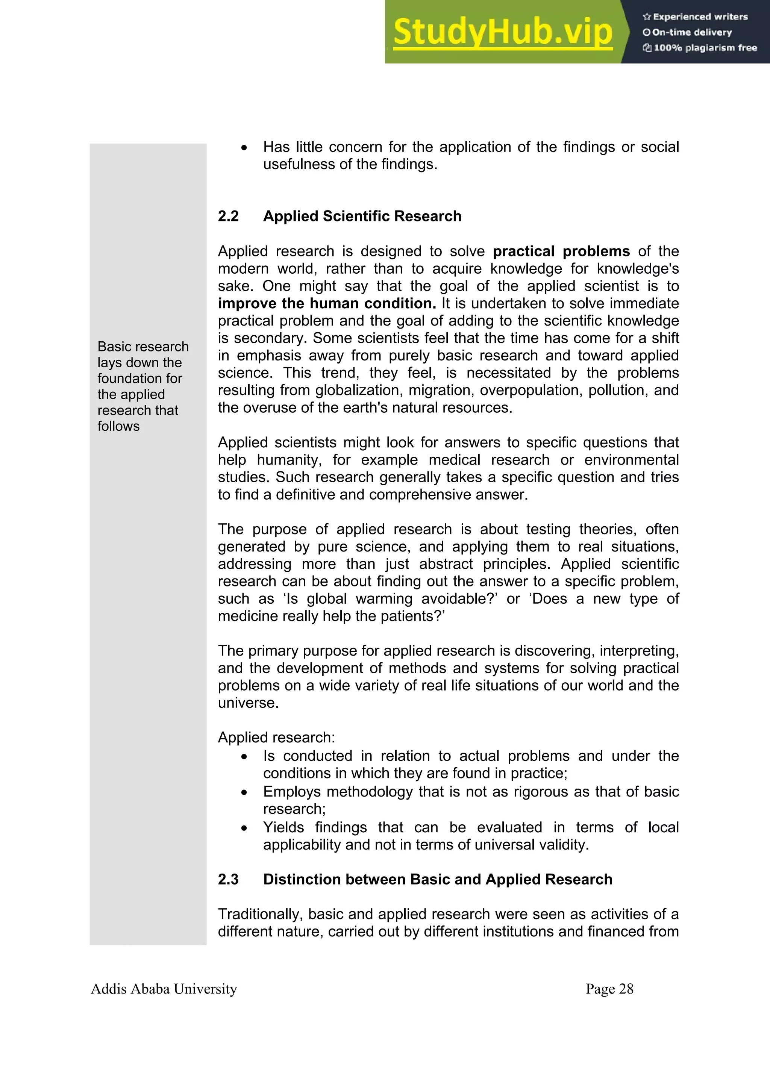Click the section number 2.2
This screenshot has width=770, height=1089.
point(228,216)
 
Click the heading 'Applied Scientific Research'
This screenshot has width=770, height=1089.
point(362,216)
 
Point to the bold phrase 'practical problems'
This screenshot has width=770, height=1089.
point(561,251)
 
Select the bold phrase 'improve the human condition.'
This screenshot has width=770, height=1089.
point(327,303)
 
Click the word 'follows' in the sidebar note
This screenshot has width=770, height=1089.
point(118,426)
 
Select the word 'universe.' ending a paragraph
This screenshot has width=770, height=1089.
point(248,703)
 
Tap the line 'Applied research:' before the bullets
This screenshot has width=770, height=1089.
point(276,738)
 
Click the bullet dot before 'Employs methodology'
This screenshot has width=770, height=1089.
point(244,792)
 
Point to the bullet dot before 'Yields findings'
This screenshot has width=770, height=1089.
point(244,828)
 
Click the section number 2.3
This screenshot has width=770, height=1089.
point(228,879)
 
